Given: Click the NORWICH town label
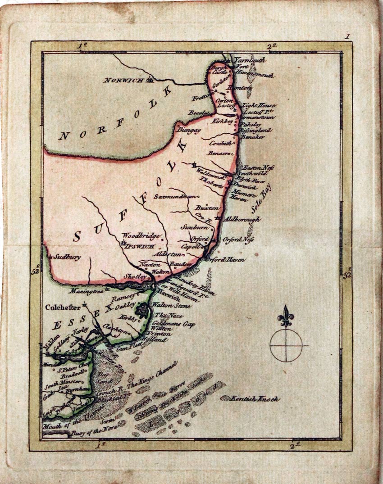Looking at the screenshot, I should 125,80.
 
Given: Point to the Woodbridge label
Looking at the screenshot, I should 137,235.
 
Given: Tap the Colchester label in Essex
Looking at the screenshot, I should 63,308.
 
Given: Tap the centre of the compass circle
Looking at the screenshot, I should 286,345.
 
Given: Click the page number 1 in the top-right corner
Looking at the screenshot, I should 347,36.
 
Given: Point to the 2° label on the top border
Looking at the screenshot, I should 272,46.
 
